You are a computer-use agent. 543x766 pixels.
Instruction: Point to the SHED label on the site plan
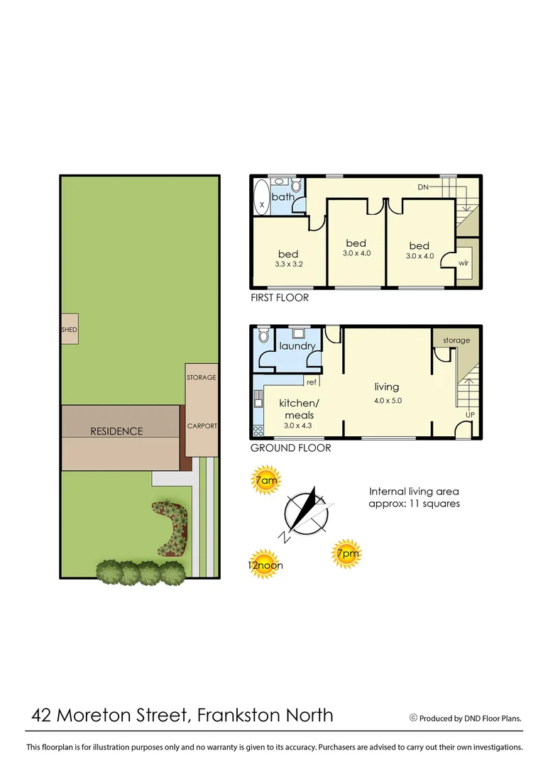coord(69,330)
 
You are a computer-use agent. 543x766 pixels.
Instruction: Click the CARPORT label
coord(202,426)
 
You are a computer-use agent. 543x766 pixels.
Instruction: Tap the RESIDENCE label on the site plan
coord(116,431)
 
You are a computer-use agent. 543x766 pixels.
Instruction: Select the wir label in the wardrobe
coord(464,262)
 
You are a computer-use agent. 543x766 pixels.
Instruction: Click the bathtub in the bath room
coord(260,196)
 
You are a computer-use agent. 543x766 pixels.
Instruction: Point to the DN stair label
coord(423,187)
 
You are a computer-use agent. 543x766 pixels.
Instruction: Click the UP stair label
coord(470,415)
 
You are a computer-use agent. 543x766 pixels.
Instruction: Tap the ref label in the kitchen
coord(311,382)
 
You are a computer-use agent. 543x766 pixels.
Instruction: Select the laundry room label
coord(297,346)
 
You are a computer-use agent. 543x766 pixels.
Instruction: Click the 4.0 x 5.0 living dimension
coord(388,400)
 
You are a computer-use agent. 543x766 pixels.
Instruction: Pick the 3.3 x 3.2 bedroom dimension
coord(289,265)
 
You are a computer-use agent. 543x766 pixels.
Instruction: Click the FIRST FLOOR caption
coord(280,298)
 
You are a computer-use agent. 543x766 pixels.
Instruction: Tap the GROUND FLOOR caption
coord(290,448)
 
